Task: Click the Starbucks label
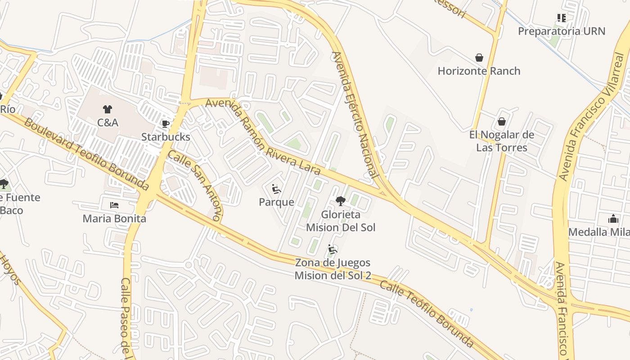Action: [166, 137]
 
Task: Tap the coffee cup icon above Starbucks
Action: [166, 124]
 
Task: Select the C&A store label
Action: [108, 122]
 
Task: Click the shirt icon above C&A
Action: [108, 109]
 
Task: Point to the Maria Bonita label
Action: [114, 219]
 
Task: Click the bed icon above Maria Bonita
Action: [114, 205]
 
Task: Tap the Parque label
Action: [276, 202]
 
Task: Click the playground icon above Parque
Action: [276, 189]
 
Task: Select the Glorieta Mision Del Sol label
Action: [341, 221]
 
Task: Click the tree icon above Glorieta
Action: [341, 201]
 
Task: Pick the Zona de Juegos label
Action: [333, 269]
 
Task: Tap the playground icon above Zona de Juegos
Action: [333, 249]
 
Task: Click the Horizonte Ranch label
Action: [479, 71]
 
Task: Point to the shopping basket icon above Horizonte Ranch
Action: [479, 58]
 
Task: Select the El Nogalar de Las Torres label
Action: [502, 141]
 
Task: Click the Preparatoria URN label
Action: [561, 31]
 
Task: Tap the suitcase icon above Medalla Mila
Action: [613, 219]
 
